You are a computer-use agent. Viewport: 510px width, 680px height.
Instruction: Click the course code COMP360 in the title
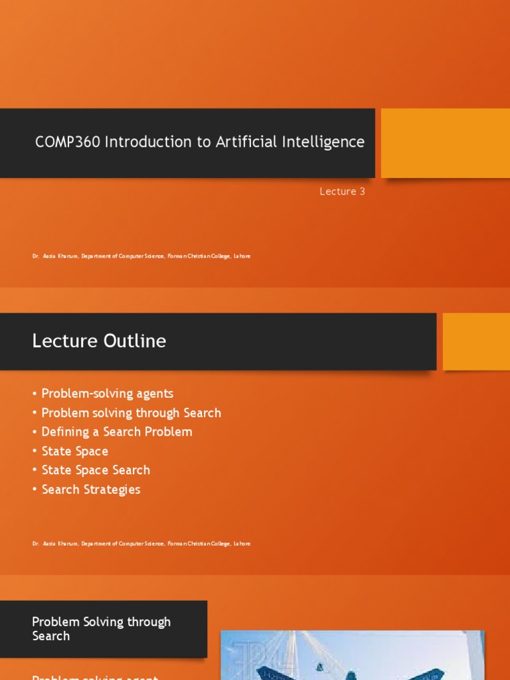pos(67,142)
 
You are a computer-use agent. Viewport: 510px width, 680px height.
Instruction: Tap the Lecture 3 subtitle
pos(342,192)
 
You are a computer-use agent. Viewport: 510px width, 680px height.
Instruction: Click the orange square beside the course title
pos(445,143)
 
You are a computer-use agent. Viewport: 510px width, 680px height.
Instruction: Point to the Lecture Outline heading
pos(99,341)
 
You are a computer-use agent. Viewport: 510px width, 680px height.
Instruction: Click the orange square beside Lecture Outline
pos(475,341)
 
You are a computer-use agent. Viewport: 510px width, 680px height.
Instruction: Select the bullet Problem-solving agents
pos(107,394)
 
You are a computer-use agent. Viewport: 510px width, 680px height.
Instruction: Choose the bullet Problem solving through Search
pos(131,413)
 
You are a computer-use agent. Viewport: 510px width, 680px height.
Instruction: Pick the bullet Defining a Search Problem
pos(116,432)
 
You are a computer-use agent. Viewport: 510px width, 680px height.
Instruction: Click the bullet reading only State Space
pos(74,452)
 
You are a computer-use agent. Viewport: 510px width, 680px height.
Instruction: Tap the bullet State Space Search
pos(96,470)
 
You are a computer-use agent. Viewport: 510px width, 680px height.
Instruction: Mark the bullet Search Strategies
pos(91,489)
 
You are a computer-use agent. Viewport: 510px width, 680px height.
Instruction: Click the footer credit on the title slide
pos(141,256)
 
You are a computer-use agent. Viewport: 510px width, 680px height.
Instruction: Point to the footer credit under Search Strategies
pos(141,544)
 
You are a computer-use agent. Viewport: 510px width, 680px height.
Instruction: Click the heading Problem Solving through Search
pos(101,628)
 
